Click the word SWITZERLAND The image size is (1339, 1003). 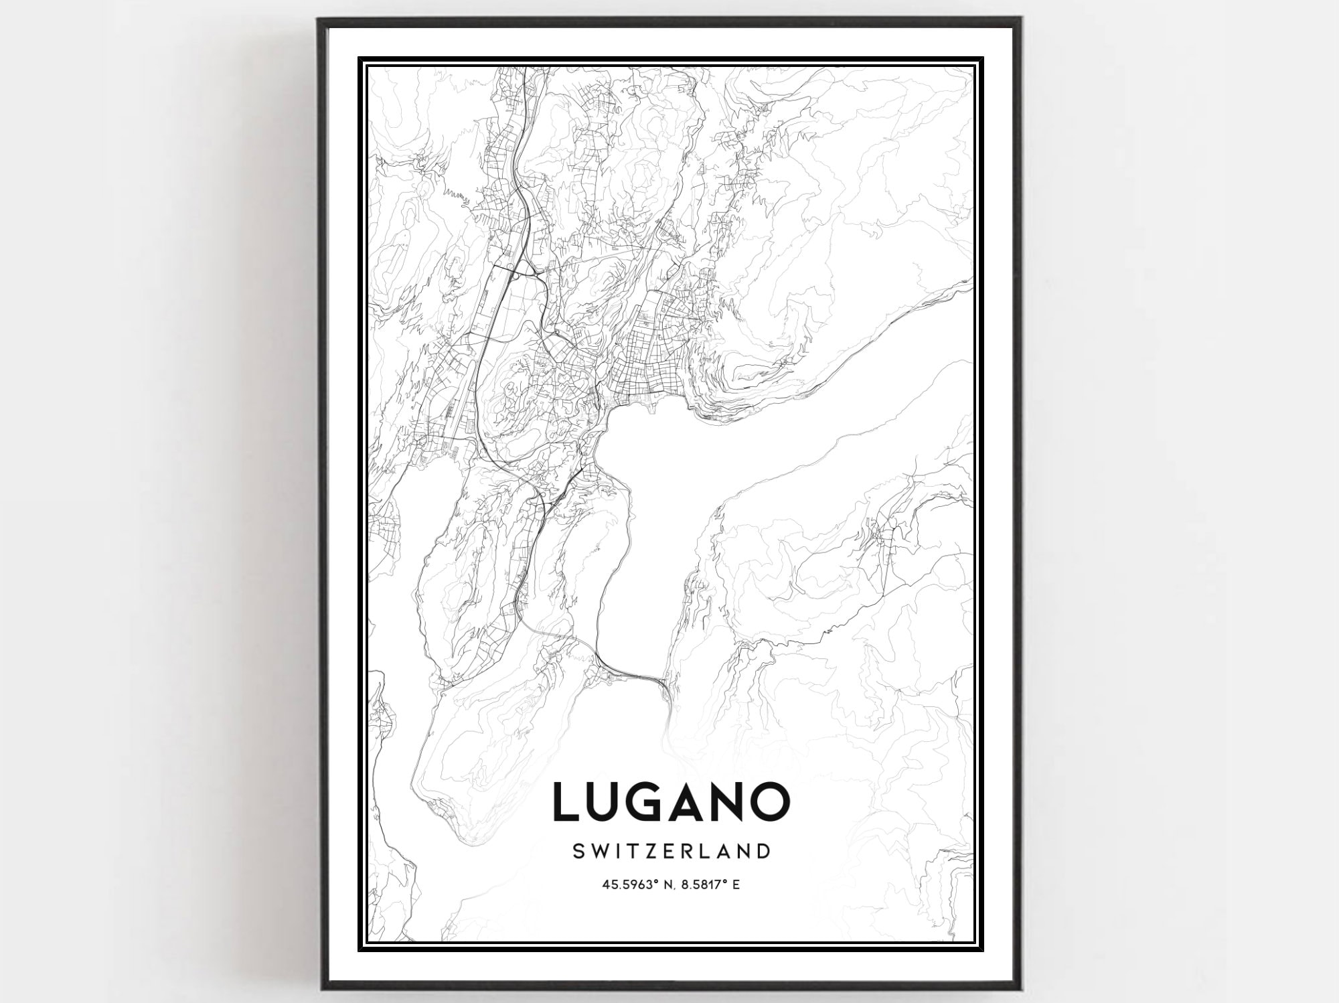(672, 851)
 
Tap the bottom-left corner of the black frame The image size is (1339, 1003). (320, 990)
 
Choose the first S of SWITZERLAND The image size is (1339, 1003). (580, 851)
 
